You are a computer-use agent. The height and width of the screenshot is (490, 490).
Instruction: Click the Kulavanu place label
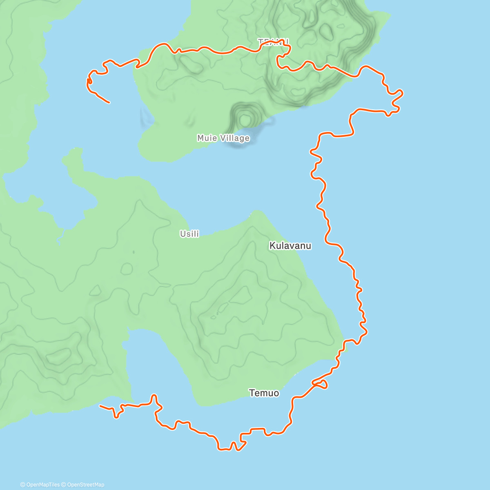(x=290, y=246)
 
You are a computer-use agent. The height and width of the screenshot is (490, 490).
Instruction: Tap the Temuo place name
(x=264, y=393)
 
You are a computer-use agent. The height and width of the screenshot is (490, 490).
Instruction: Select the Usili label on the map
(x=189, y=234)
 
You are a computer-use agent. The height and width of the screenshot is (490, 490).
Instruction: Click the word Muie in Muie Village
(x=207, y=138)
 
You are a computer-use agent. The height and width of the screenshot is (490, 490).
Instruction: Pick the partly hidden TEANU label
(x=273, y=42)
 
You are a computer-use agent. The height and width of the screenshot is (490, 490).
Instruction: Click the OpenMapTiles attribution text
(x=43, y=485)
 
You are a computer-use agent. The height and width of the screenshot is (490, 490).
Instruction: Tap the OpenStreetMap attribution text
(x=85, y=485)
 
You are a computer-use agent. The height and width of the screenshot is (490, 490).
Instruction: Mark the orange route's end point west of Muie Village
(x=109, y=102)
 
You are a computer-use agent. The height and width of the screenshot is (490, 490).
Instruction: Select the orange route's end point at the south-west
(x=100, y=405)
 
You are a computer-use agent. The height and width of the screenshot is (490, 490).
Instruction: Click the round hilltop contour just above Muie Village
(x=245, y=120)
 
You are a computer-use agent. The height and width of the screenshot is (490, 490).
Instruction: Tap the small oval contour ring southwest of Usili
(x=127, y=269)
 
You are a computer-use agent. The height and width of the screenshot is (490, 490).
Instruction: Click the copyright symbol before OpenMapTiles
(x=23, y=485)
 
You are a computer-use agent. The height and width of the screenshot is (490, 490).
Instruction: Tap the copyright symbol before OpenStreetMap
(x=64, y=485)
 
